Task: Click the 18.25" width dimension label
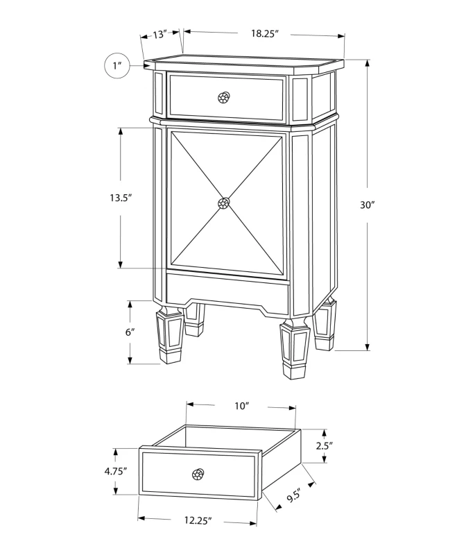(265, 33)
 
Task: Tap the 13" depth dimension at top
(159, 35)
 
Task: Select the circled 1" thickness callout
(117, 66)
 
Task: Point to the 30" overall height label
(368, 205)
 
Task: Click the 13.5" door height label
(121, 198)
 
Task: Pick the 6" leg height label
(130, 332)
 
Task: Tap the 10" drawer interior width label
(242, 406)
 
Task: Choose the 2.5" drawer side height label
(325, 445)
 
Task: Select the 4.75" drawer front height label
(116, 471)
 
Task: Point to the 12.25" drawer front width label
(198, 520)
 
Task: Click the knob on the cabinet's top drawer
(224, 97)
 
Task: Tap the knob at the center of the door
(223, 203)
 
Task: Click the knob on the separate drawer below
(198, 474)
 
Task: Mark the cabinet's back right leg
(325, 325)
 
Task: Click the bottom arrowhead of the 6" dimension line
(130, 359)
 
